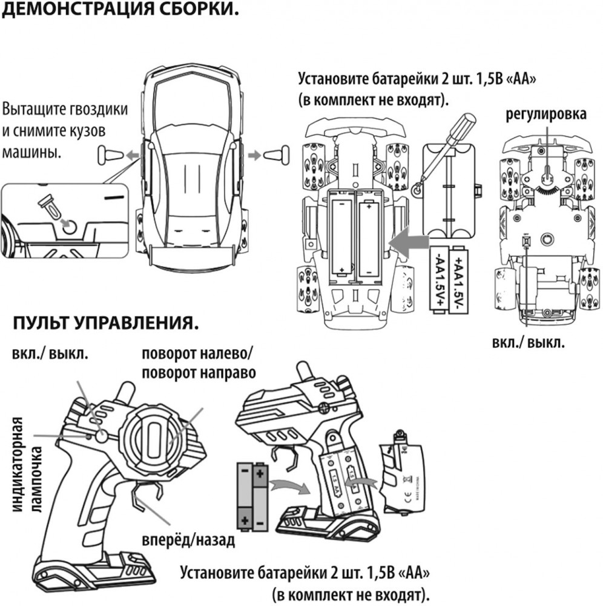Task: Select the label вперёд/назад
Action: pos(188,540)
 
